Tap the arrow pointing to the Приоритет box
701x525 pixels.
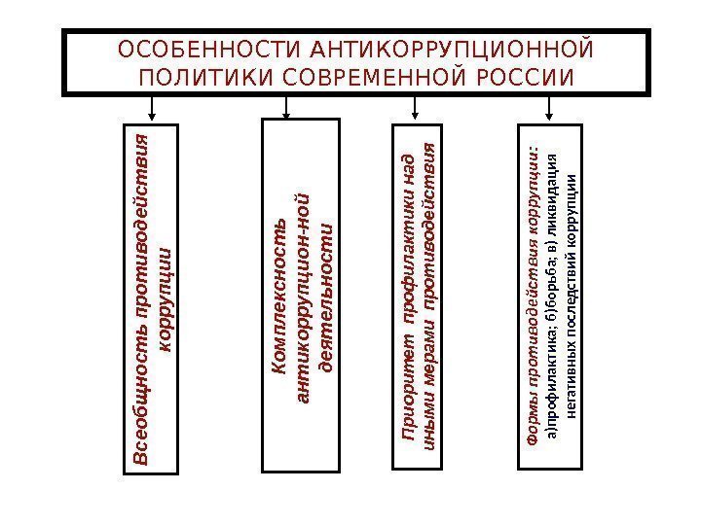pyautogui.click(x=417, y=107)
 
